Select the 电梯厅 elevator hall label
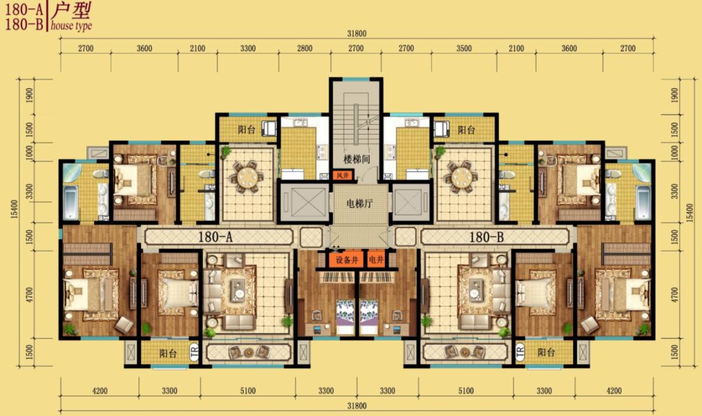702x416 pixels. click(x=358, y=203)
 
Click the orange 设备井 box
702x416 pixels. click(x=345, y=260)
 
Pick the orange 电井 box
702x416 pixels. click(x=376, y=260)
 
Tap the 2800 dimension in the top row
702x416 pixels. click(x=305, y=49)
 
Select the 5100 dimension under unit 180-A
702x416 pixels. click(x=248, y=391)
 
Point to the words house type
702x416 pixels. click(x=71, y=26)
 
